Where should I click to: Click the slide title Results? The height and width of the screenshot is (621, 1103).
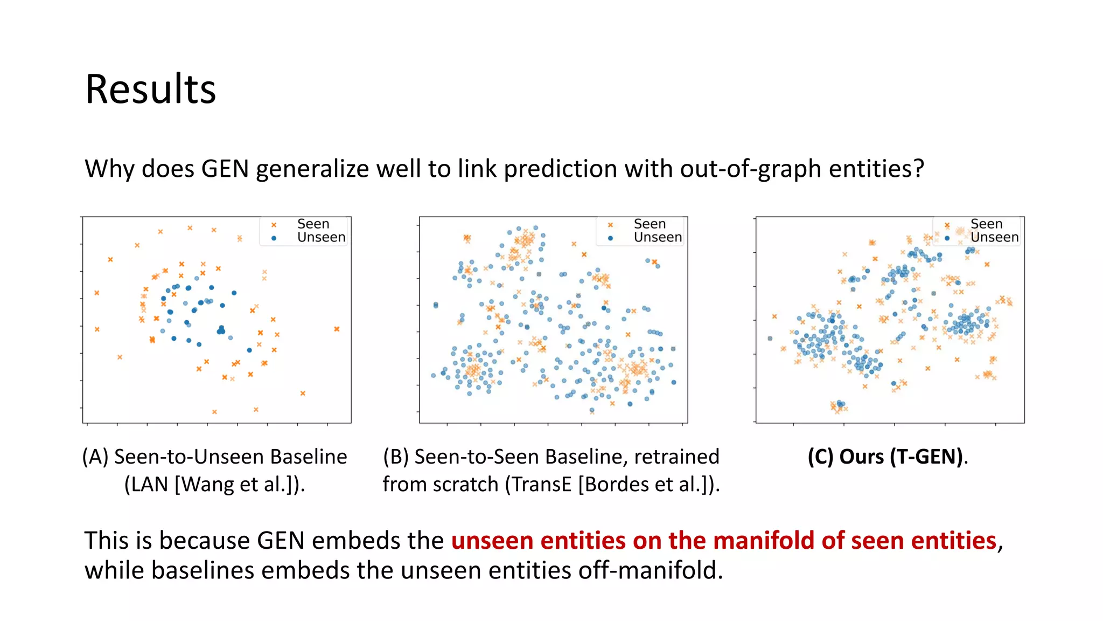tap(150, 89)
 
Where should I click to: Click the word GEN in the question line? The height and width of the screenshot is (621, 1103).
tap(225, 169)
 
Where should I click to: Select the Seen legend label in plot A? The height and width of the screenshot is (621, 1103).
tap(313, 224)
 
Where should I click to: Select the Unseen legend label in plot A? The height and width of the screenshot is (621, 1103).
tap(321, 237)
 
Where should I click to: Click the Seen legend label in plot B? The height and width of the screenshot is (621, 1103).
tap(650, 224)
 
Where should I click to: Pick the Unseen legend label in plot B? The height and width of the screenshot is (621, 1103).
tap(658, 237)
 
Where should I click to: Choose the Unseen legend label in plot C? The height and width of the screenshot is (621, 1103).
tap(994, 237)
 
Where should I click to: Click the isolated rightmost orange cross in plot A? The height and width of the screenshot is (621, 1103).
tap(337, 329)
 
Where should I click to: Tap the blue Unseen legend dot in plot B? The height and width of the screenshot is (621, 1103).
tap(610, 238)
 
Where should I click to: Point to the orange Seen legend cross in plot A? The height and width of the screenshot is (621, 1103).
tap(274, 225)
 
